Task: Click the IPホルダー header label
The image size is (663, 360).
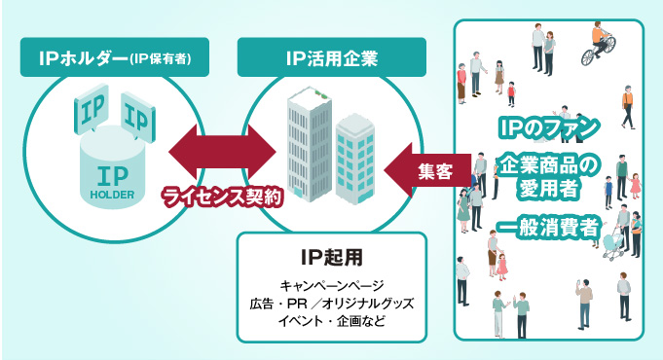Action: point(115,57)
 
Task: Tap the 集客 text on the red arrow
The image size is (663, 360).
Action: point(434,171)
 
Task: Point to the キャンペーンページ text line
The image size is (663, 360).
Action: point(331,285)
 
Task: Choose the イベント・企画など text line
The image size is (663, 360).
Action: point(331,321)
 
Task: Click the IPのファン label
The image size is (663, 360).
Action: point(547,126)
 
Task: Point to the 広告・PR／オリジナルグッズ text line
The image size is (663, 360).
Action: point(331,304)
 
